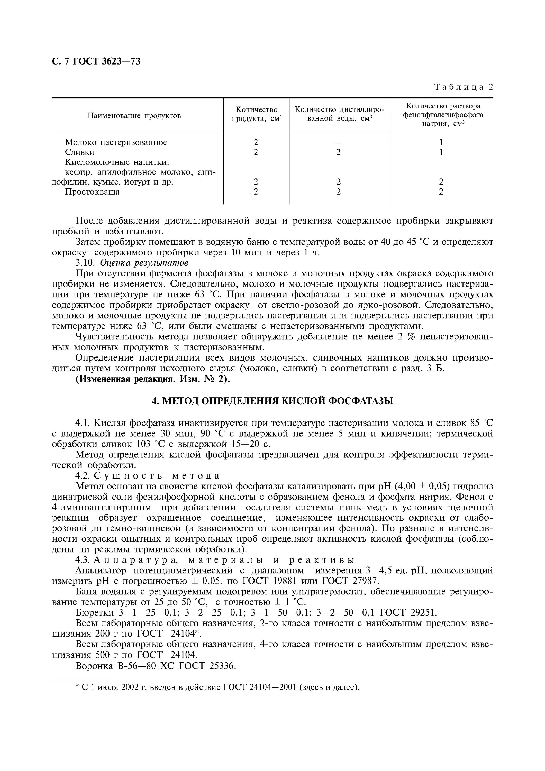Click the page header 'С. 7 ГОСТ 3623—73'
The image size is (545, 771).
pyautogui.click(x=96, y=61)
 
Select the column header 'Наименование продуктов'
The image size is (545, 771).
pyautogui.click(x=134, y=115)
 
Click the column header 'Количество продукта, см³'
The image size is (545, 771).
pyautogui.click(x=256, y=114)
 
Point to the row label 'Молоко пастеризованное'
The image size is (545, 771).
pyautogui.click(x=116, y=142)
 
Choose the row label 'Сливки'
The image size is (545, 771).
pyautogui.click(x=80, y=152)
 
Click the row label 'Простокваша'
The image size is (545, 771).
pyautogui.click(x=92, y=192)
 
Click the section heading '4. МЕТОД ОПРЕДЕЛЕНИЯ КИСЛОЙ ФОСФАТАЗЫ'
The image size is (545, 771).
pyautogui.click(x=272, y=401)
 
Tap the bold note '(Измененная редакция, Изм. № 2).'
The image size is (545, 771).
pyautogui.click(x=153, y=379)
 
